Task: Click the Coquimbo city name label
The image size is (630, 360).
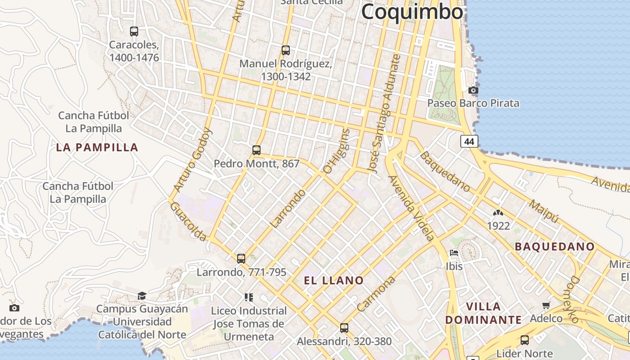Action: (x=412, y=12)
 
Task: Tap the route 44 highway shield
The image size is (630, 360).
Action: (x=469, y=141)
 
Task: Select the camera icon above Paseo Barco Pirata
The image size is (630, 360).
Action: (x=473, y=90)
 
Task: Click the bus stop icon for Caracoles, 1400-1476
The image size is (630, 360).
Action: (x=134, y=31)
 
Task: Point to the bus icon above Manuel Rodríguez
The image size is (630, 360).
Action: (x=285, y=50)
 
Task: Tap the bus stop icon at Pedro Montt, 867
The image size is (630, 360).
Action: (x=256, y=150)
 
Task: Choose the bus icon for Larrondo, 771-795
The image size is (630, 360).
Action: (x=241, y=259)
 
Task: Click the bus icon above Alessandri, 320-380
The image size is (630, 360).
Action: (x=344, y=328)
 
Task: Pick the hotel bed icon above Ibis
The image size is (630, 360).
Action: (x=454, y=253)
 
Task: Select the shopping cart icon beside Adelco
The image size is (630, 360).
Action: (x=546, y=306)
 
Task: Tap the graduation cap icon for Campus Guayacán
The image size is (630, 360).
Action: (x=142, y=296)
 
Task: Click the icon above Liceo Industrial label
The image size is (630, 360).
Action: (x=249, y=297)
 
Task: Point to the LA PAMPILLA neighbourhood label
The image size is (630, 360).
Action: (x=97, y=148)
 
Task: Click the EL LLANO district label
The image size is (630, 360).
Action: (x=334, y=281)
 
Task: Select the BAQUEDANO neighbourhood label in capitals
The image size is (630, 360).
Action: (x=555, y=247)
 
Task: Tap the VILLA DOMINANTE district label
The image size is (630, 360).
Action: (x=483, y=313)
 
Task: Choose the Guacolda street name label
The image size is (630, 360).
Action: (x=189, y=221)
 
